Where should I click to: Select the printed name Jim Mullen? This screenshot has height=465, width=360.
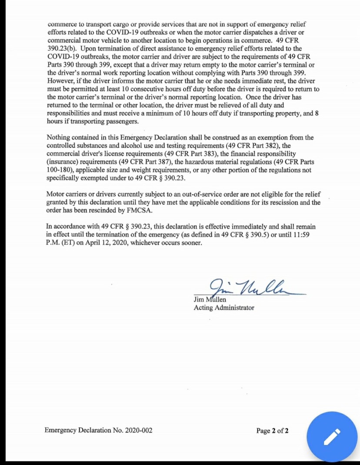(x=210, y=299)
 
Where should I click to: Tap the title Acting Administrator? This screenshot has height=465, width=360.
(x=224, y=308)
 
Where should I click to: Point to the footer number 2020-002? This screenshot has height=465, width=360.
(x=138, y=431)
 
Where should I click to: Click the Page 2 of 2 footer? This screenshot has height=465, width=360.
(x=273, y=431)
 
